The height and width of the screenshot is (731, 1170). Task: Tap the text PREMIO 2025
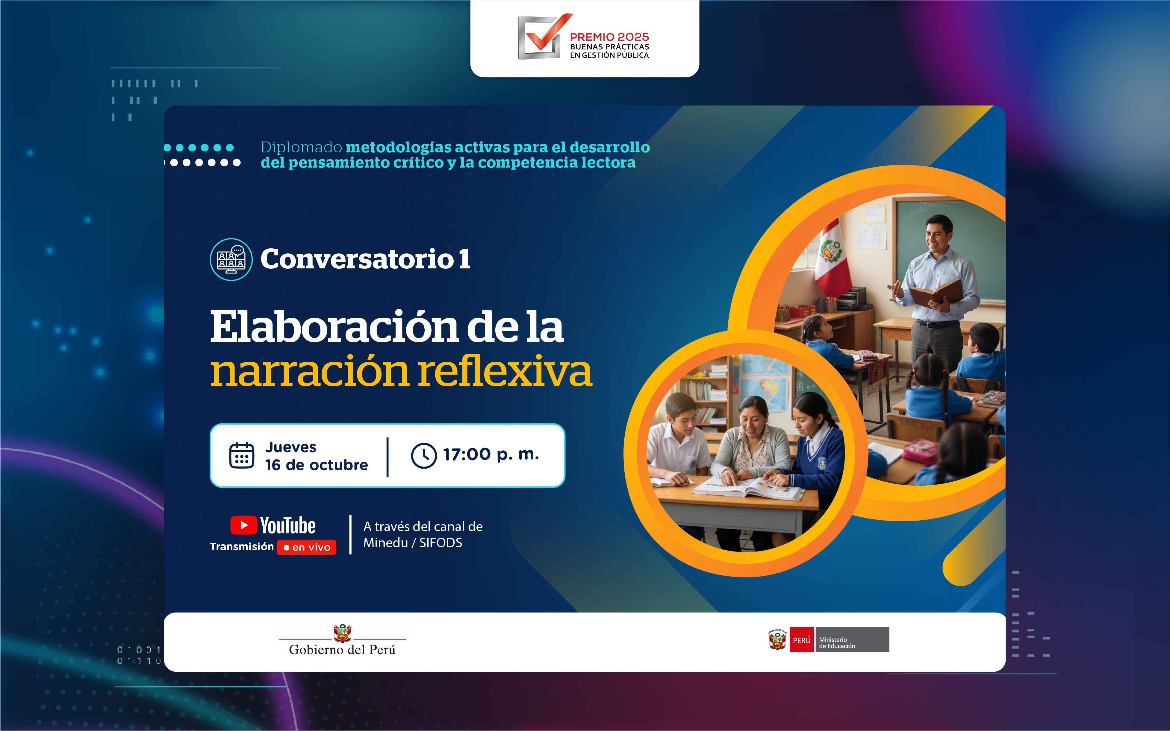click(609, 37)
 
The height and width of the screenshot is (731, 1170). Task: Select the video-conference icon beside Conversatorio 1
click(231, 260)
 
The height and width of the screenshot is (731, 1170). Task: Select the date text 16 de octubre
click(317, 465)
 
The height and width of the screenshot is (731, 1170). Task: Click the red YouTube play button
click(243, 525)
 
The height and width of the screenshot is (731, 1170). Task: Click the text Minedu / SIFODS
click(413, 543)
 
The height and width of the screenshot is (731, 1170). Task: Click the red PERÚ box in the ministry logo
click(802, 640)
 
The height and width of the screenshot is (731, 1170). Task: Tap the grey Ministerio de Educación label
click(852, 640)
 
